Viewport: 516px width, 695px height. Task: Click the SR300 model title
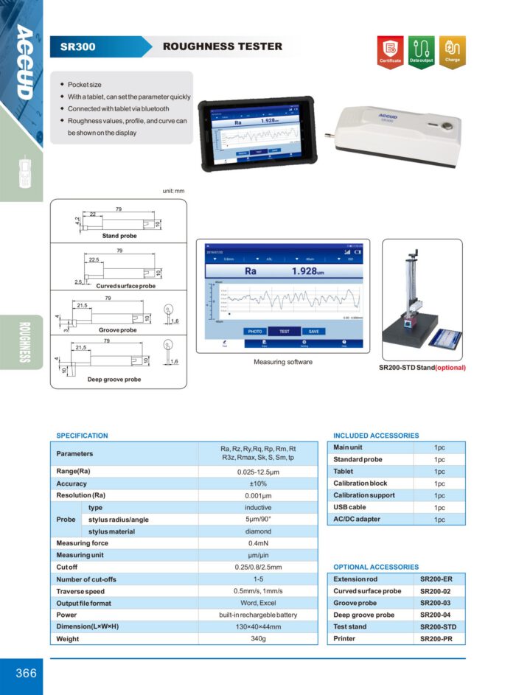tap(73, 47)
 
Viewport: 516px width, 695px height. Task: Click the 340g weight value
tap(258, 638)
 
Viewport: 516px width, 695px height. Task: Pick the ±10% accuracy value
tap(258, 483)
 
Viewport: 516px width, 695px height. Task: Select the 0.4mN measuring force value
tap(258, 543)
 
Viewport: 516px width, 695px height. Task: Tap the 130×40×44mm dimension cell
tap(258, 626)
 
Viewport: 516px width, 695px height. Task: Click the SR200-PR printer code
tap(436, 638)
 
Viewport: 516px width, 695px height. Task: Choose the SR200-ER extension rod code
tap(436, 579)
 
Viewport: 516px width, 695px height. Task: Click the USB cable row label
tap(349, 507)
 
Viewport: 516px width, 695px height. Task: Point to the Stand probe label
tap(119, 236)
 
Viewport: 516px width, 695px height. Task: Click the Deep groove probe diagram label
tap(114, 380)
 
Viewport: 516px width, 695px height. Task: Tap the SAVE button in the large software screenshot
tap(313, 332)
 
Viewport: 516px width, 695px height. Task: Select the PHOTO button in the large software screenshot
tap(255, 332)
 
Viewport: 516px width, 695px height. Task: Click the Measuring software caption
tap(283, 362)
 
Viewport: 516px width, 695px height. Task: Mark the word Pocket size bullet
tap(85, 85)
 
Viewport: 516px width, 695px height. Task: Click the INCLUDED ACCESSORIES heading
tap(376, 436)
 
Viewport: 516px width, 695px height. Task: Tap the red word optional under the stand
tap(450, 367)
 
